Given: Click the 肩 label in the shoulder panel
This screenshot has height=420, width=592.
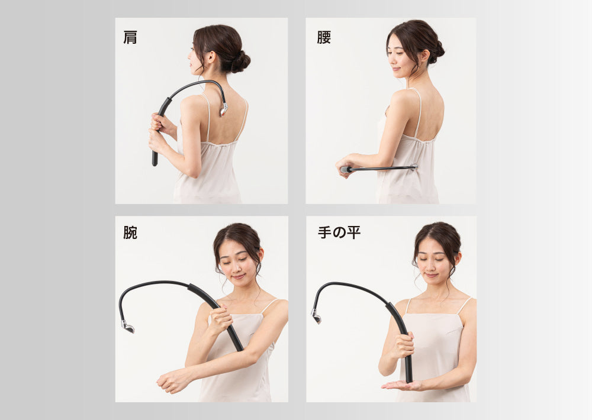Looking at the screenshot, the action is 130,37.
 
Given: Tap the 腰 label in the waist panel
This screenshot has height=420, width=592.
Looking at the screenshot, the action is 324,37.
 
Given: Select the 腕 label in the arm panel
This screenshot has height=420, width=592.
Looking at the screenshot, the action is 130,232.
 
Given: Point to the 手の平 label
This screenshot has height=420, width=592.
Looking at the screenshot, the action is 339,232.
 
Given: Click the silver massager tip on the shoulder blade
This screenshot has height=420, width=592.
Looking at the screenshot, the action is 224,109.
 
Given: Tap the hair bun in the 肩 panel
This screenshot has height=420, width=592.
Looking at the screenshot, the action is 240,62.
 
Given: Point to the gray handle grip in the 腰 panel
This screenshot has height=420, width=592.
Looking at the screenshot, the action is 346,170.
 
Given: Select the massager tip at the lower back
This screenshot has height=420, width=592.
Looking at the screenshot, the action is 414,167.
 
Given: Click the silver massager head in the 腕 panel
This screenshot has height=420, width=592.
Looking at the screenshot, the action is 128,326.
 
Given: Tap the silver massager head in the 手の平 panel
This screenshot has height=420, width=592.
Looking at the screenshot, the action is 316,316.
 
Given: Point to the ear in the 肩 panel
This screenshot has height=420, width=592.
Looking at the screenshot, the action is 210,57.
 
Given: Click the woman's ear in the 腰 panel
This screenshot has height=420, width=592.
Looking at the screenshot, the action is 424,56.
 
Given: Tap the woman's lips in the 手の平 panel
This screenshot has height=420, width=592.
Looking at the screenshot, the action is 431,276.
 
